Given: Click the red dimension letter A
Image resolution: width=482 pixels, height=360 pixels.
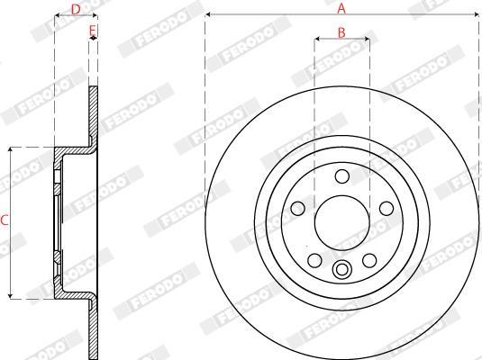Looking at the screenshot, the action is tap(341, 9).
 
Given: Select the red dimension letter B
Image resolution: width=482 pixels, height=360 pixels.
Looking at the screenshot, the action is tap(341, 32).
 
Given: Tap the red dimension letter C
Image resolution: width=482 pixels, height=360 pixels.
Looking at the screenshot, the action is tap(4, 220).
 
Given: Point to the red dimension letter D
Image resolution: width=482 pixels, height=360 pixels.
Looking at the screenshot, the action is tap(76, 10).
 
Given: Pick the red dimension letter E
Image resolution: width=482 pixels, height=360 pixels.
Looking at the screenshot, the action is tap(93, 31).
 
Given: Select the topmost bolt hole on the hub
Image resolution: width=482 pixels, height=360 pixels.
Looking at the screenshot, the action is tap(342, 176).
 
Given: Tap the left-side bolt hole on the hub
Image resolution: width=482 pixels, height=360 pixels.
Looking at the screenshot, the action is tap(297, 209).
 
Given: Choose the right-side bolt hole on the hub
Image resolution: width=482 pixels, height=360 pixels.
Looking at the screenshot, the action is tap(387, 209).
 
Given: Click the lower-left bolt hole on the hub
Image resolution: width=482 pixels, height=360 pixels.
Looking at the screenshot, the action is tap(314, 260).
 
